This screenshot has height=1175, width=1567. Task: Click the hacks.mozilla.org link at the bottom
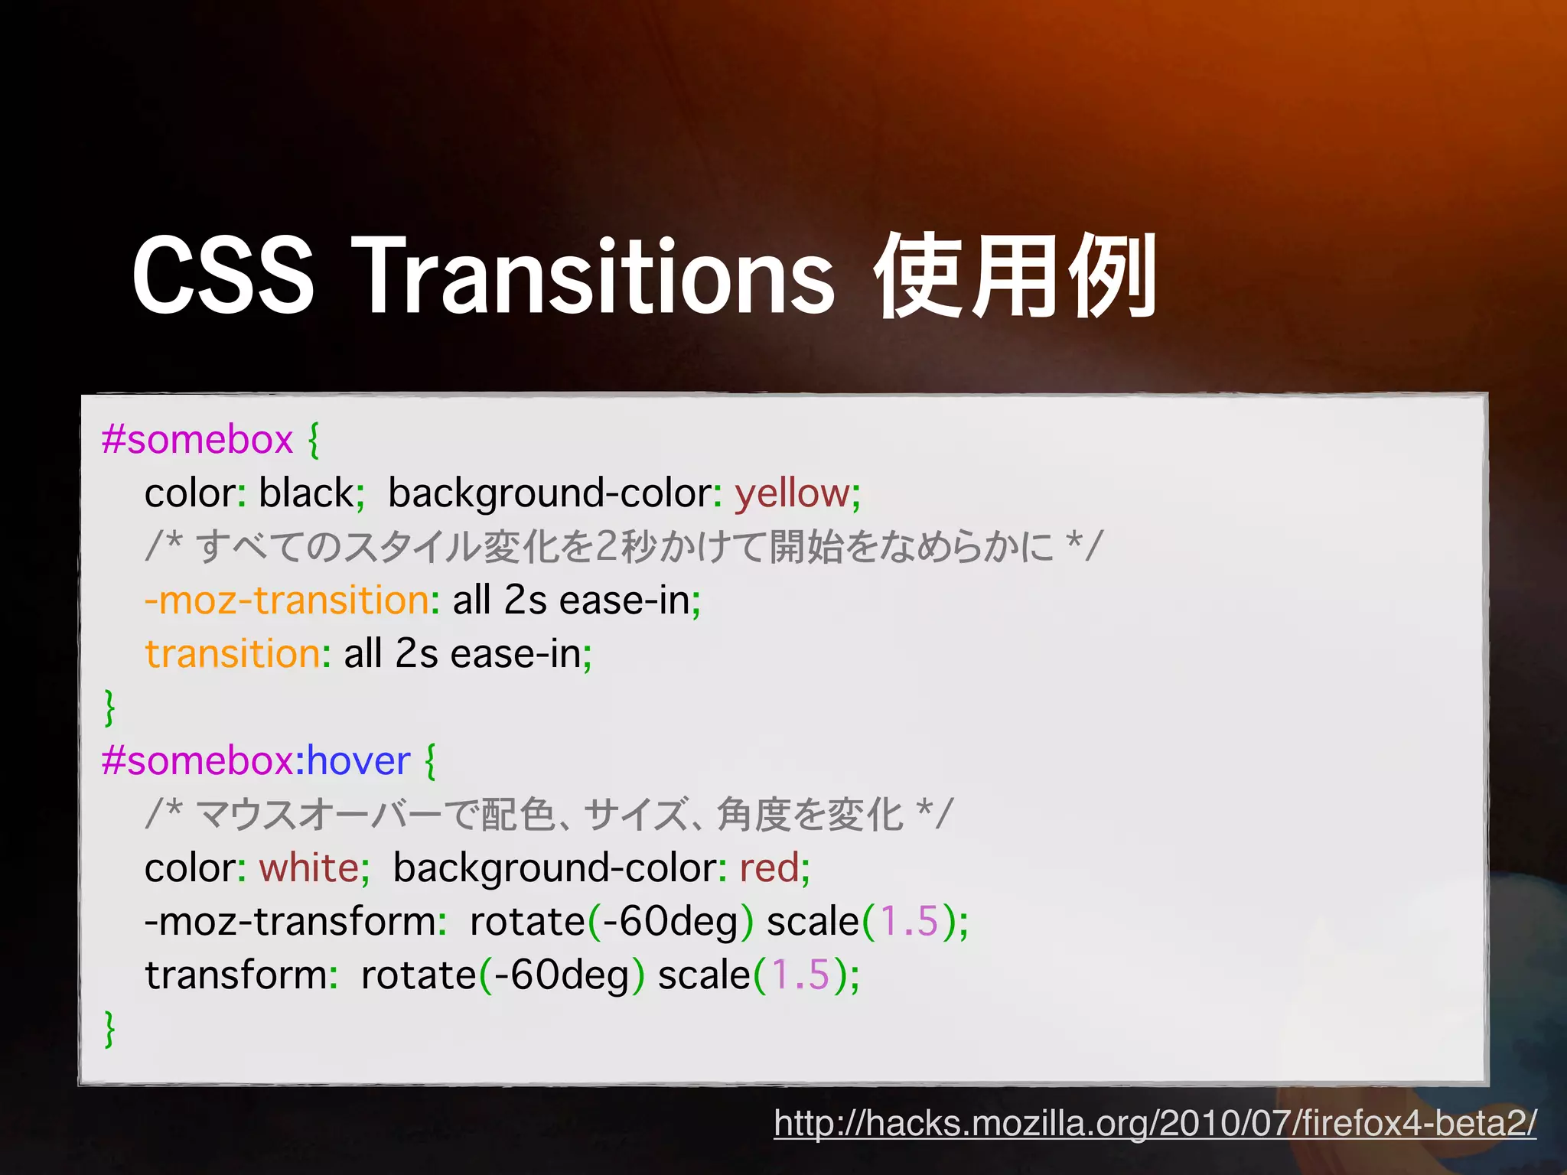click(x=1155, y=1123)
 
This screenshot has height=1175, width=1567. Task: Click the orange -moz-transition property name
click(x=286, y=601)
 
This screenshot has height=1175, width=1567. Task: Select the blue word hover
click(x=359, y=761)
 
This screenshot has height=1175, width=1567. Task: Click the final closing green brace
click(x=110, y=1028)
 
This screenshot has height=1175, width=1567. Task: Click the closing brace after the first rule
click(x=110, y=707)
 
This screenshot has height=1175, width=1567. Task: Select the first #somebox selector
click(x=197, y=441)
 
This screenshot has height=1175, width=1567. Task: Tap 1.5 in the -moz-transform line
click(x=909, y=921)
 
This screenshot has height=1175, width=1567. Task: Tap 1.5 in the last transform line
click(x=800, y=975)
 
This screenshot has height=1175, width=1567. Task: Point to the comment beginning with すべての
click(x=624, y=547)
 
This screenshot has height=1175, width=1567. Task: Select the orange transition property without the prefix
click(x=233, y=654)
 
